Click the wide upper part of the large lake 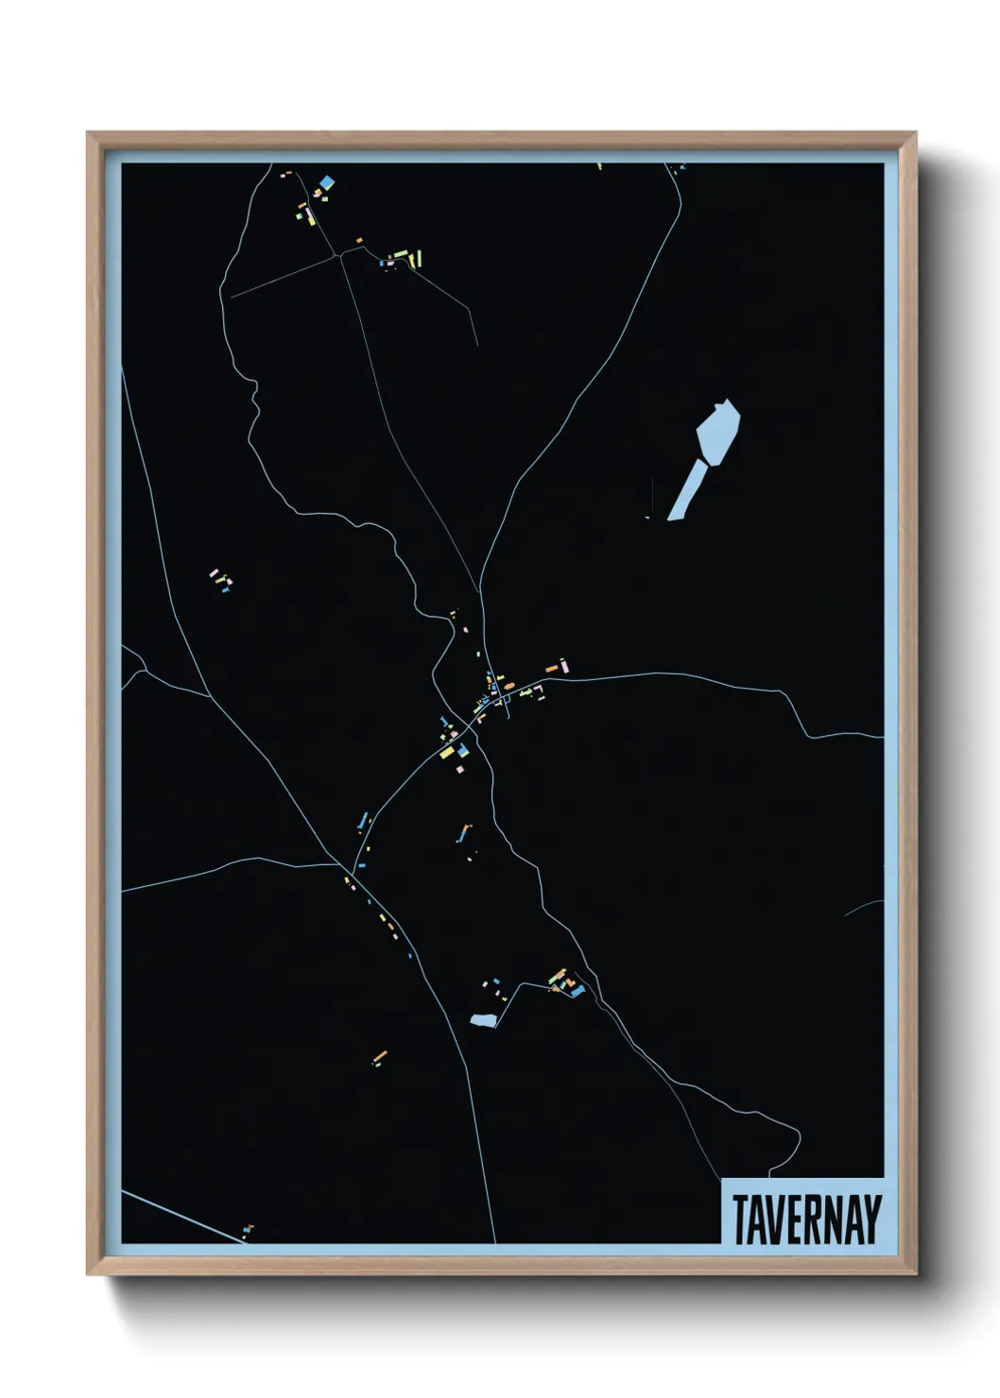pyautogui.click(x=718, y=430)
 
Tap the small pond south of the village pyautogui.click(x=483, y=1020)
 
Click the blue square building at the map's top pyautogui.click(x=327, y=182)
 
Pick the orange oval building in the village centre pyautogui.click(x=508, y=685)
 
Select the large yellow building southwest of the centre pyautogui.click(x=447, y=753)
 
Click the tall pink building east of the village pyautogui.click(x=564, y=665)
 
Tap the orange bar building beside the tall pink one pyautogui.click(x=550, y=669)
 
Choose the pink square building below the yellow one pyautogui.click(x=460, y=770)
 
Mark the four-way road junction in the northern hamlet pyautogui.click(x=338, y=254)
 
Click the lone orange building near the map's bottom pyautogui.click(x=380, y=1055)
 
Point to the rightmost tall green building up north pyautogui.click(x=419, y=257)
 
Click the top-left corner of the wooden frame pyautogui.click(x=88, y=133)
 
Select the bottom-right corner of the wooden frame pyautogui.click(x=915, y=1273)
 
